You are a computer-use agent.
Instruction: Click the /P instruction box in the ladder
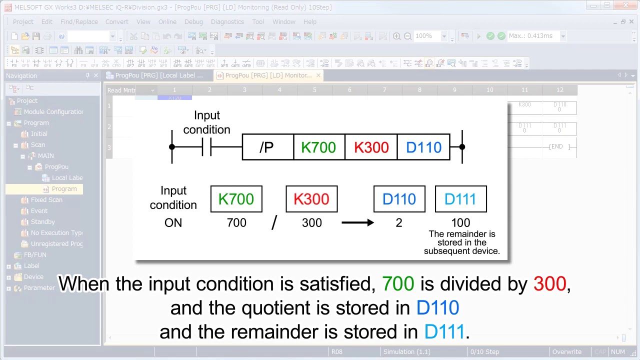tap(267, 147)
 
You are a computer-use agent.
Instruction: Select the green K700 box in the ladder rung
tap(319, 147)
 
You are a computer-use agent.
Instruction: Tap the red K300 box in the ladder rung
tap(371, 147)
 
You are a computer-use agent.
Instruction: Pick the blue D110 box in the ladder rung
tap(423, 147)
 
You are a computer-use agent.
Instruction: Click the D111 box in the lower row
tap(460, 199)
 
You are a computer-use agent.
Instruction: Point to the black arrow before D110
tap(357, 222)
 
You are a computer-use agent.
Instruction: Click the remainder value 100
tap(460, 223)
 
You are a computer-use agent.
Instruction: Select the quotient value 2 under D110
tap(399, 223)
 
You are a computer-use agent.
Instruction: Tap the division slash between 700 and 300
tap(274, 223)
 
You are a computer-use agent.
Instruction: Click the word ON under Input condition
tap(173, 223)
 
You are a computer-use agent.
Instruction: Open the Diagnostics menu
tap(227, 22)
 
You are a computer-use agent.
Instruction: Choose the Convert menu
tap(117, 22)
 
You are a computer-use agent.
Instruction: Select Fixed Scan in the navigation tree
tap(46, 200)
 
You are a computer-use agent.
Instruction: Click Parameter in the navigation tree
tap(39, 288)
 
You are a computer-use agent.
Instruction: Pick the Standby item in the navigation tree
tap(43, 222)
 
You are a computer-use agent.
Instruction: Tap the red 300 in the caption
tap(549, 284)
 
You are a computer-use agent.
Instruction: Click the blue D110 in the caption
tap(437, 308)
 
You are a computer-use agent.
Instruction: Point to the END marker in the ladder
tap(556, 147)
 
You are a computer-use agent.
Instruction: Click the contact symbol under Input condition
tap(206, 147)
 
